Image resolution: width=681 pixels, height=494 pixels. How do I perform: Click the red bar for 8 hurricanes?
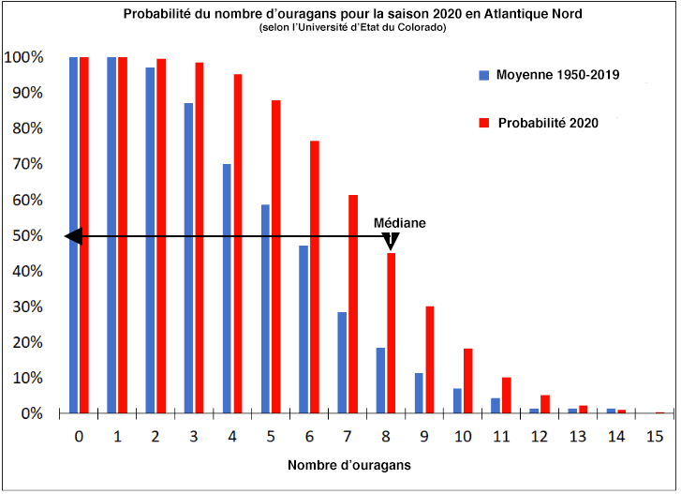pos(392,333)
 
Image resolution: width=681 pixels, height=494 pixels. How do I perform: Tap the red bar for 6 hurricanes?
pos(315,277)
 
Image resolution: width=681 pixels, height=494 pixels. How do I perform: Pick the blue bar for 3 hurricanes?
pos(188,258)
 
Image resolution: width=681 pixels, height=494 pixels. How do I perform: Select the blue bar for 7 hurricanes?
pos(342,362)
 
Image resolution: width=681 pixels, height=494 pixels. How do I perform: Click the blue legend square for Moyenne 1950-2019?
pos(483,74)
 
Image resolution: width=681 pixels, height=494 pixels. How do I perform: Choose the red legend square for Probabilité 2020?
pos(483,123)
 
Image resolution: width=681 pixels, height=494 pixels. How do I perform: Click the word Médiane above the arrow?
pos(400,223)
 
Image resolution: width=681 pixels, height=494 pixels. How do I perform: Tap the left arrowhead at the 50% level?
pos(74,237)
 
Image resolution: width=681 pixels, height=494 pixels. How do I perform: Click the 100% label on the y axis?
pos(22,57)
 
